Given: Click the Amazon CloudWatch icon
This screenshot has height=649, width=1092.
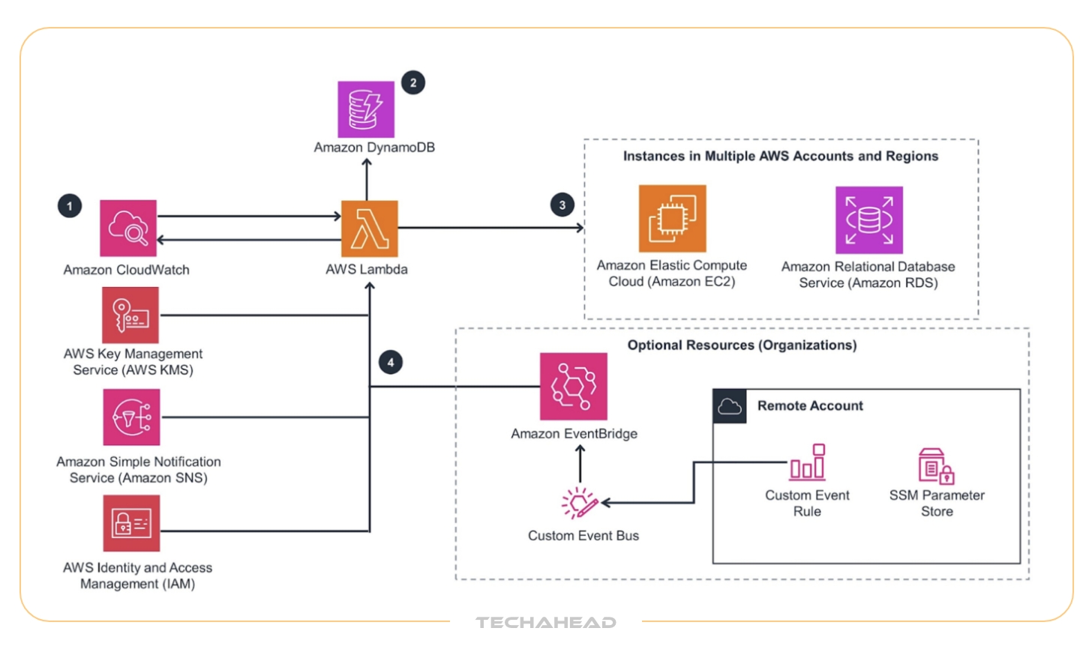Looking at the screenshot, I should click(128, 228).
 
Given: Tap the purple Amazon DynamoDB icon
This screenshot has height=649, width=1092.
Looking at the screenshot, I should click(366, 109).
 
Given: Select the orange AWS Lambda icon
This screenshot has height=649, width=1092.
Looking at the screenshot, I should click(369, 229).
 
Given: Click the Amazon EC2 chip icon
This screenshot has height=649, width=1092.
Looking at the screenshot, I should click(672, 219).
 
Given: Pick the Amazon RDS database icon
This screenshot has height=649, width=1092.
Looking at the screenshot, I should click(869, 220).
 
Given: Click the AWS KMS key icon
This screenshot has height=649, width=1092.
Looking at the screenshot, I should click(130, 315).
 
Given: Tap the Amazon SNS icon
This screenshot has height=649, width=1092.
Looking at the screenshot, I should click(131, 417).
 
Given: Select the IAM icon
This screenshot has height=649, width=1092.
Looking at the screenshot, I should click(131, 523).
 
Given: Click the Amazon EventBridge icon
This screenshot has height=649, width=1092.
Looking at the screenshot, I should click(574, 387).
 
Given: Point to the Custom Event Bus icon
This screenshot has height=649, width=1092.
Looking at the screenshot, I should click(580, 503).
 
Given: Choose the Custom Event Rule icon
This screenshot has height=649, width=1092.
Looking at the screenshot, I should click(808, 462).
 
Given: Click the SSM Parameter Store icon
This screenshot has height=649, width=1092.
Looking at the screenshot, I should click(935, 465).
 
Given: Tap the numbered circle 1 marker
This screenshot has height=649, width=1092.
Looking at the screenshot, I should click(70, 205).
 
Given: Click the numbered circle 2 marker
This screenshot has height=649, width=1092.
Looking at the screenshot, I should click(413, 82).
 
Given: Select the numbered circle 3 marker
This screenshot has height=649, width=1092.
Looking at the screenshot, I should click(562, 205).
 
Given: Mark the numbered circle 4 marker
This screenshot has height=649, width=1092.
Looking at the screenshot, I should click(391, 363).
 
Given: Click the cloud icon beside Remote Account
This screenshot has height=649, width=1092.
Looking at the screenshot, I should click(729, 406).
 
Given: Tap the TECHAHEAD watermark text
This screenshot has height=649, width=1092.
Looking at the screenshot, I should click(546, 622).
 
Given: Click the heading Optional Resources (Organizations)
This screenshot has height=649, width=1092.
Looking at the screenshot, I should click(742, 345).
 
